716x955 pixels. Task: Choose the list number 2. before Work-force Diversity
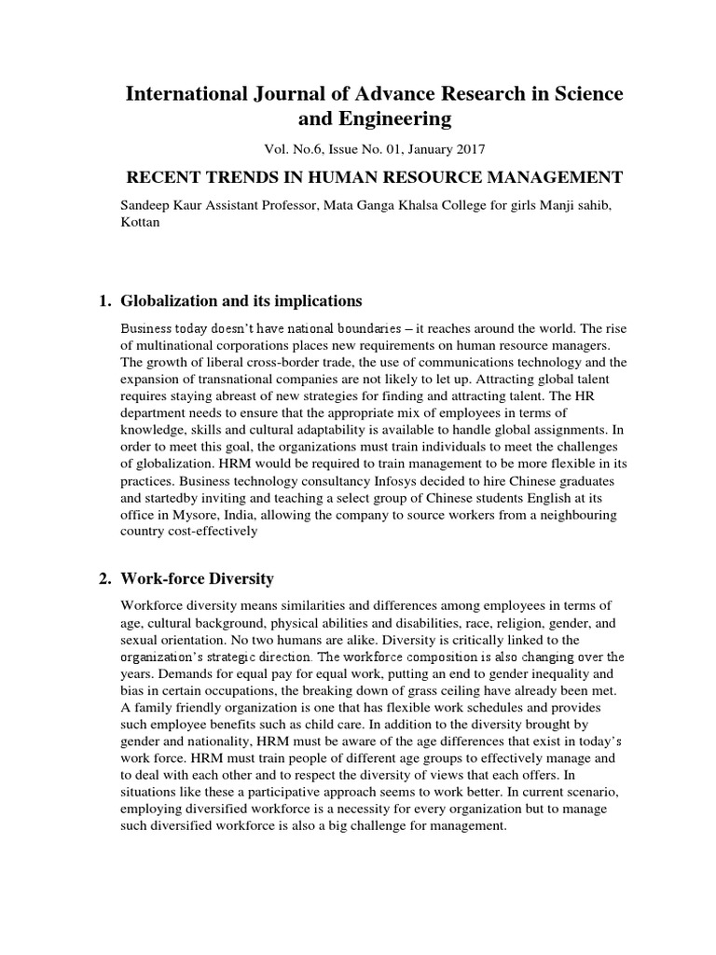(x=104, y=579)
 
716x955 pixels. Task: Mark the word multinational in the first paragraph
(x=171, y=347)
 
